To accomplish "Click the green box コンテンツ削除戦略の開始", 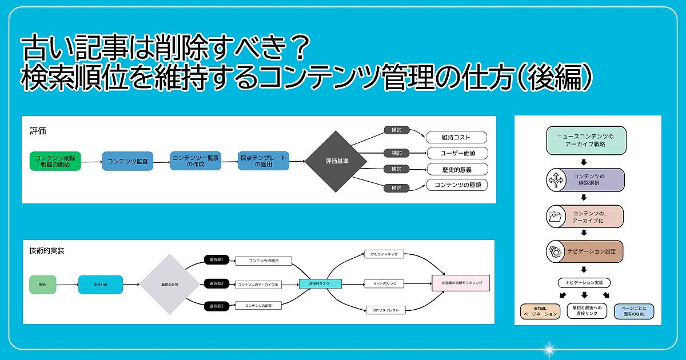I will click(x=55, y=161).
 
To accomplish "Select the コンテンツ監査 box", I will click(x=127, y=162).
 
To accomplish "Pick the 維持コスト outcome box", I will click(x=456, y=138).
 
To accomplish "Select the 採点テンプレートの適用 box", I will click(x=264, y=161).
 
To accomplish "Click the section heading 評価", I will click(x=38, y=131).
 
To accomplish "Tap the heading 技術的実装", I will click(x=47, y=250).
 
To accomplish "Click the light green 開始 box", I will click(x=43, y=284).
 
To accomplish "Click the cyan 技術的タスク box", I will click(x=320, y=283).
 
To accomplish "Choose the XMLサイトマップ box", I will click(x=384, y=254).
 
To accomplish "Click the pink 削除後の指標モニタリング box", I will click(x=461, y=283).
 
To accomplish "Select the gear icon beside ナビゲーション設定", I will click(x=555, y=251).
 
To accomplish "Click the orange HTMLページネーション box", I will click(x=540, y=311).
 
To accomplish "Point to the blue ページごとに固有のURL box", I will click(x=634, y=311).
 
